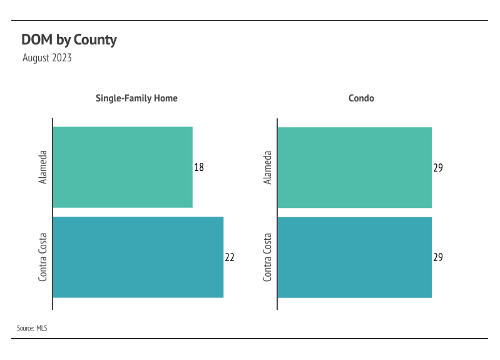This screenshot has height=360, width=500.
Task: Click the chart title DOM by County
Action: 69,40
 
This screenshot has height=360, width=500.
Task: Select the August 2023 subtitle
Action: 47,58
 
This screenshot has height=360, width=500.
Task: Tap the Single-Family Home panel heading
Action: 136,98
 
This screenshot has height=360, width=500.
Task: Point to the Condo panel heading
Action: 361,98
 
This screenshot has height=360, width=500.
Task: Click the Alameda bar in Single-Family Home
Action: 123,167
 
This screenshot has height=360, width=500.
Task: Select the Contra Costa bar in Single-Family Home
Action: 138,257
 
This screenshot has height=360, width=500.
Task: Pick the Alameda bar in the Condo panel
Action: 355,168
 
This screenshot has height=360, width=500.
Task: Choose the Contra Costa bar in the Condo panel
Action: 355,257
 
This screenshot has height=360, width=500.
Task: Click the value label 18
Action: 199,167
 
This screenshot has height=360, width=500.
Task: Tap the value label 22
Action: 230,257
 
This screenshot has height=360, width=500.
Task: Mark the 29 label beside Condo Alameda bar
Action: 438,168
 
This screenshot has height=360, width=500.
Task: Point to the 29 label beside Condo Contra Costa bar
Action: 438,257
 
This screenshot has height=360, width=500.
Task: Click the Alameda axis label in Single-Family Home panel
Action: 43,167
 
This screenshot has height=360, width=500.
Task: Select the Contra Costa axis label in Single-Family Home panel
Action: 43,257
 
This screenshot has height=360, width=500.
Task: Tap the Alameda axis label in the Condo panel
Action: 267,168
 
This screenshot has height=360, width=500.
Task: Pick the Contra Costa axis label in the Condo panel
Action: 267,257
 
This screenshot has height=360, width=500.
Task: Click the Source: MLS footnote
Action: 32,328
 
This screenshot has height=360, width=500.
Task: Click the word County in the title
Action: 95,40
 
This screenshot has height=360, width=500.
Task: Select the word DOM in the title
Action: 37,39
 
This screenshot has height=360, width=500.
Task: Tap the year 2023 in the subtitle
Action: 62,58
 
